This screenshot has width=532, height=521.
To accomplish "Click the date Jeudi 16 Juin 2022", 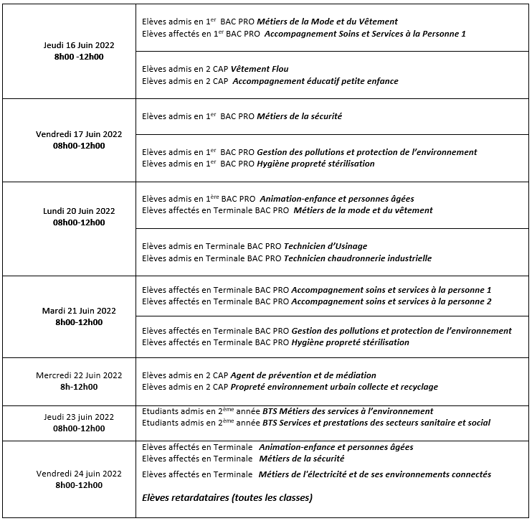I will pos(79,45).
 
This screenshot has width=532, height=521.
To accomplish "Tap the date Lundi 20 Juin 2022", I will pos(79,211).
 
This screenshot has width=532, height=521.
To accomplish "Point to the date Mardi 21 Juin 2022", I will pos(79,311).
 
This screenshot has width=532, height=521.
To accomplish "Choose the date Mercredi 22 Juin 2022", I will pos(79,375).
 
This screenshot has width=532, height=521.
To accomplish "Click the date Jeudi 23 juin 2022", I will pos(79,417).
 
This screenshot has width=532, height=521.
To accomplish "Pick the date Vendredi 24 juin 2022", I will pos(79,474).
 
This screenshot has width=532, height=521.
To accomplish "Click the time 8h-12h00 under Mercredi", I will pos(79,387).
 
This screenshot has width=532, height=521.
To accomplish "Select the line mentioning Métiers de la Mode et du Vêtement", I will pos(270,22).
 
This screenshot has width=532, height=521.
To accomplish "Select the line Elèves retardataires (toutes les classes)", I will pos(227,497).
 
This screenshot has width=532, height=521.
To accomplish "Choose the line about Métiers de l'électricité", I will pos(316,474).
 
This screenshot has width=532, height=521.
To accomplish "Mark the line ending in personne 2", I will pos(316,301).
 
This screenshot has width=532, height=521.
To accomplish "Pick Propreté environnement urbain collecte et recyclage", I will pos(335,387).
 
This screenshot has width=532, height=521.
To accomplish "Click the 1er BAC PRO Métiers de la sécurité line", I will pos(242,116).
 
